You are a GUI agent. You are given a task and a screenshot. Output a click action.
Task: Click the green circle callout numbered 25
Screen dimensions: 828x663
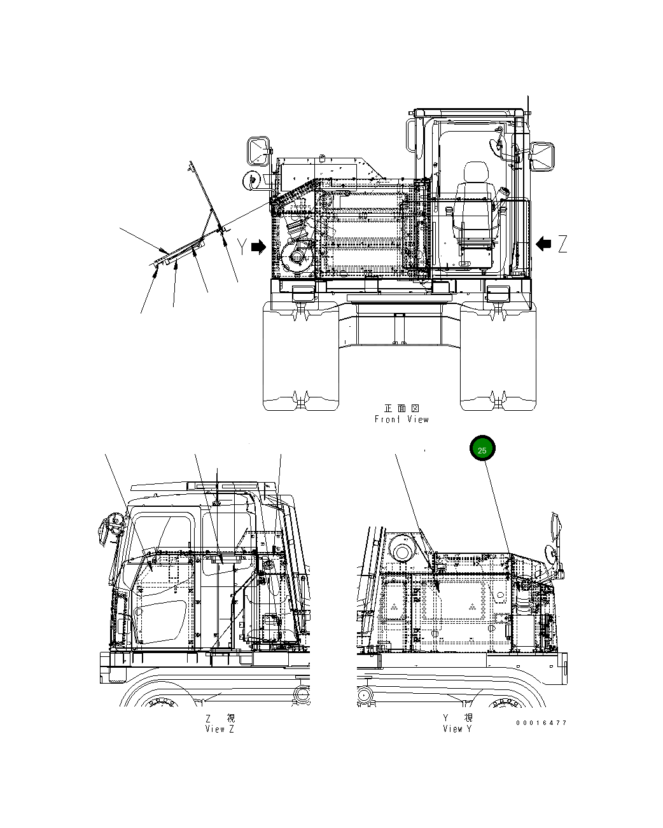pos(482,450)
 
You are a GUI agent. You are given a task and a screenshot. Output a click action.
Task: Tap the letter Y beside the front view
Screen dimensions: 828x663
pos(241,247)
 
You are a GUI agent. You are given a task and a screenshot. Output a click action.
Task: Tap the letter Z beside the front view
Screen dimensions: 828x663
pos(562,244)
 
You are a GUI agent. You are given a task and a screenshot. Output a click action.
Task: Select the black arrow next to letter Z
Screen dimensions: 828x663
pos(543,243)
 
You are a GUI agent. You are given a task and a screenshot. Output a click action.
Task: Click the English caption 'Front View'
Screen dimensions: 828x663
pos(401,419)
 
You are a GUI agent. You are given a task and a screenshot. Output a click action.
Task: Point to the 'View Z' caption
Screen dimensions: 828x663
pos(220,729)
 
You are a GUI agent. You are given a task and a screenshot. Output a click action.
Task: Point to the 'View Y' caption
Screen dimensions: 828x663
pos(457,729)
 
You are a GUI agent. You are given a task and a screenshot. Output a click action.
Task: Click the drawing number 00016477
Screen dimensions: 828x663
pos(541,723)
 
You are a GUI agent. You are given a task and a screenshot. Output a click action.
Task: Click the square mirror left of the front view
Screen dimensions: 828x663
pos(258,150)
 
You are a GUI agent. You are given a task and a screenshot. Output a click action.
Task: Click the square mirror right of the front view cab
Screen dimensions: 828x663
pos(543,156)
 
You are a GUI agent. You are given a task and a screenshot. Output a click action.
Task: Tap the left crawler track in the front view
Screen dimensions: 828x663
pos(300,356)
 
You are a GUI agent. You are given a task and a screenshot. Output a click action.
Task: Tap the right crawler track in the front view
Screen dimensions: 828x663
pos(498,356)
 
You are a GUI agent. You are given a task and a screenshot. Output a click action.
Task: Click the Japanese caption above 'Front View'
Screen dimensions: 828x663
pos(401,408)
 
